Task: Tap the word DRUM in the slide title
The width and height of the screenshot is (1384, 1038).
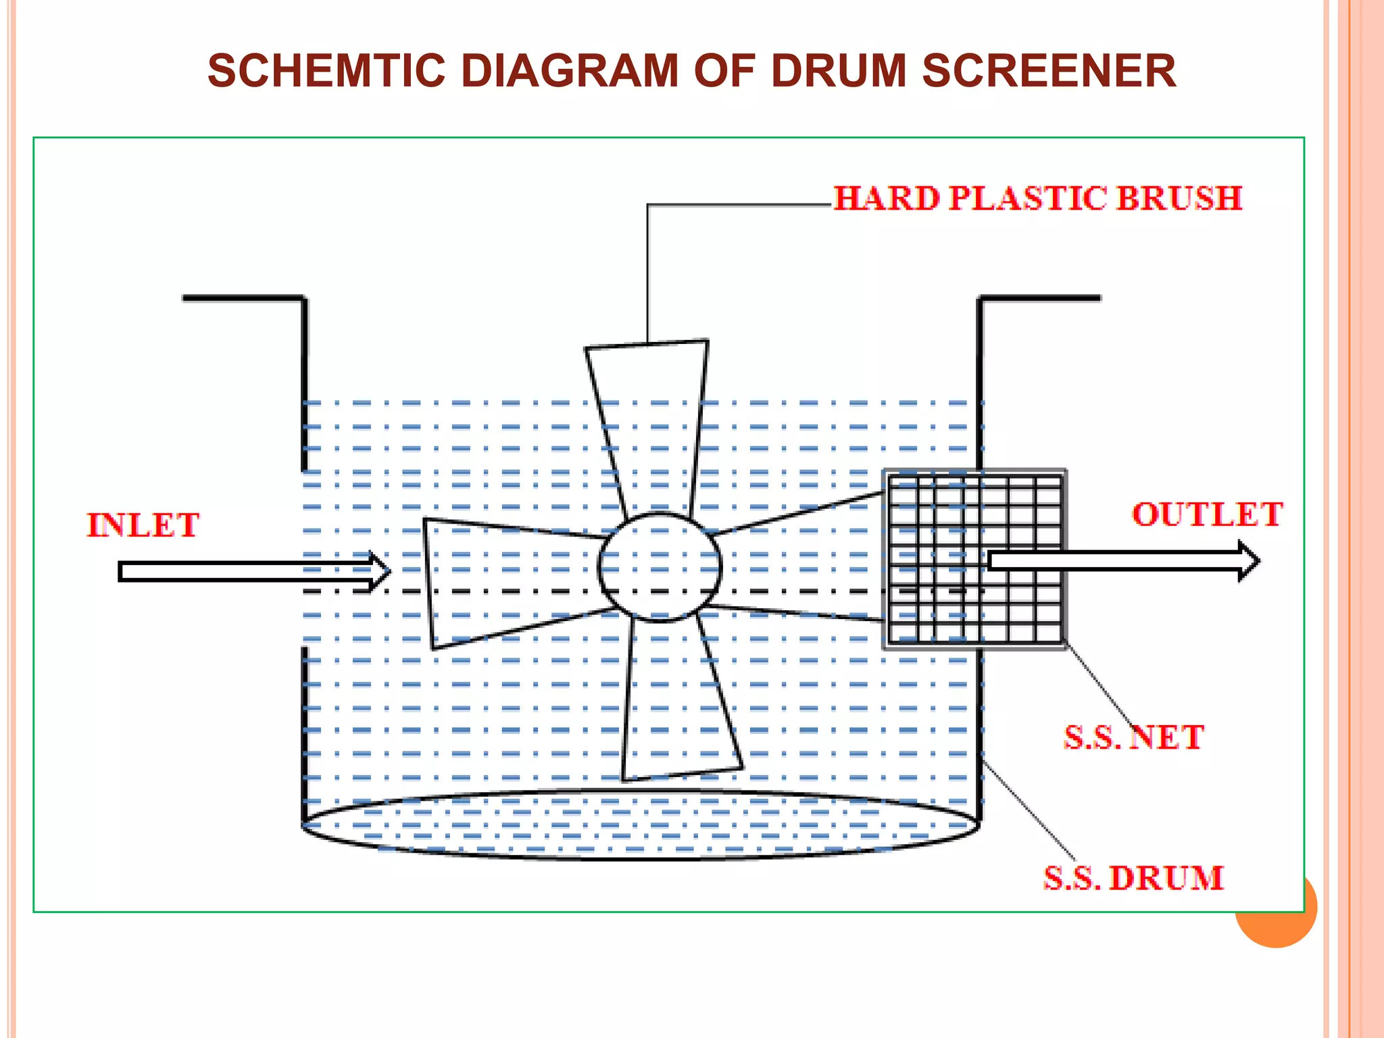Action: tap(838, 71)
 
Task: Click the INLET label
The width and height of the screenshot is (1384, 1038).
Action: tap(143, 525)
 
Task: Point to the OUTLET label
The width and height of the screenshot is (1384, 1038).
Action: tap(1207, 514)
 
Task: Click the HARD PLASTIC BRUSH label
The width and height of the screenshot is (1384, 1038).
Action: tap(1037, 199)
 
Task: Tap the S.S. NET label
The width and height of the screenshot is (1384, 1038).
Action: tap(1133, 737)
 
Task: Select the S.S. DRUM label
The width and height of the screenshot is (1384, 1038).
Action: tap(1133, 878)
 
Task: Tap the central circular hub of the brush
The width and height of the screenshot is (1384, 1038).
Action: tap(660, 567)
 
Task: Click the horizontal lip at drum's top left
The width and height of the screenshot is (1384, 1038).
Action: tap(243, 297)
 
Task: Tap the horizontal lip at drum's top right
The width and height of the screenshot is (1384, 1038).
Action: tap(1041, 297)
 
